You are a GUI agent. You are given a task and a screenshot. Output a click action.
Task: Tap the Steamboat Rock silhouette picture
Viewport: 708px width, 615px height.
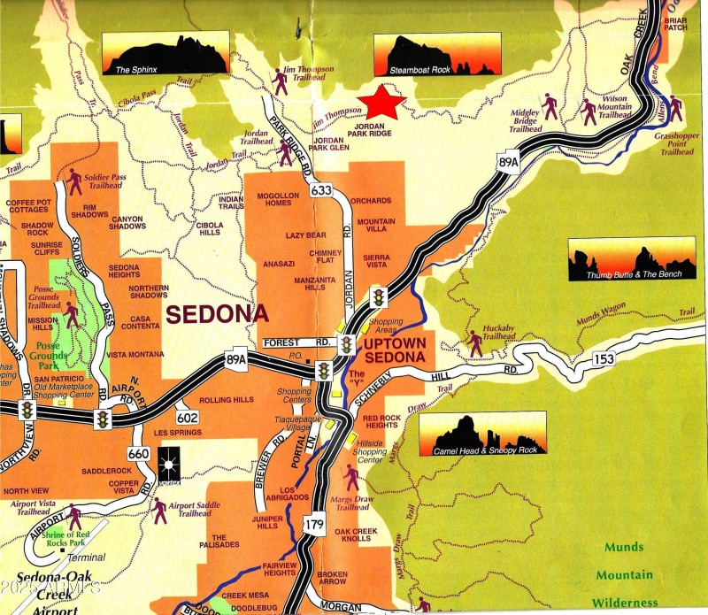tap(436, 54)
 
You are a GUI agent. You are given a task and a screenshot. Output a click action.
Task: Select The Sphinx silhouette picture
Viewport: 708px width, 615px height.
tap(165, 55)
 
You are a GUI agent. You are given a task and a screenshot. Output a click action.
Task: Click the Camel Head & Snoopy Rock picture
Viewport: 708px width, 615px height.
tap(483, 434)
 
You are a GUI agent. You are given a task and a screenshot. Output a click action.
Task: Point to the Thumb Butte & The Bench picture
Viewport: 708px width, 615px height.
tap(631, 258)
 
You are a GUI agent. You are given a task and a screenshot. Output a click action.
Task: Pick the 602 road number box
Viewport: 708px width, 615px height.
tap(188, 418)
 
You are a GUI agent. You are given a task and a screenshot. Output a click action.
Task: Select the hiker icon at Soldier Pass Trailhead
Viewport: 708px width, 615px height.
tap(74, 181)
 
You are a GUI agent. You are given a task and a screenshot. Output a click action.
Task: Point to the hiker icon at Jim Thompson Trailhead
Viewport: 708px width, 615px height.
tap(281, 81)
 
